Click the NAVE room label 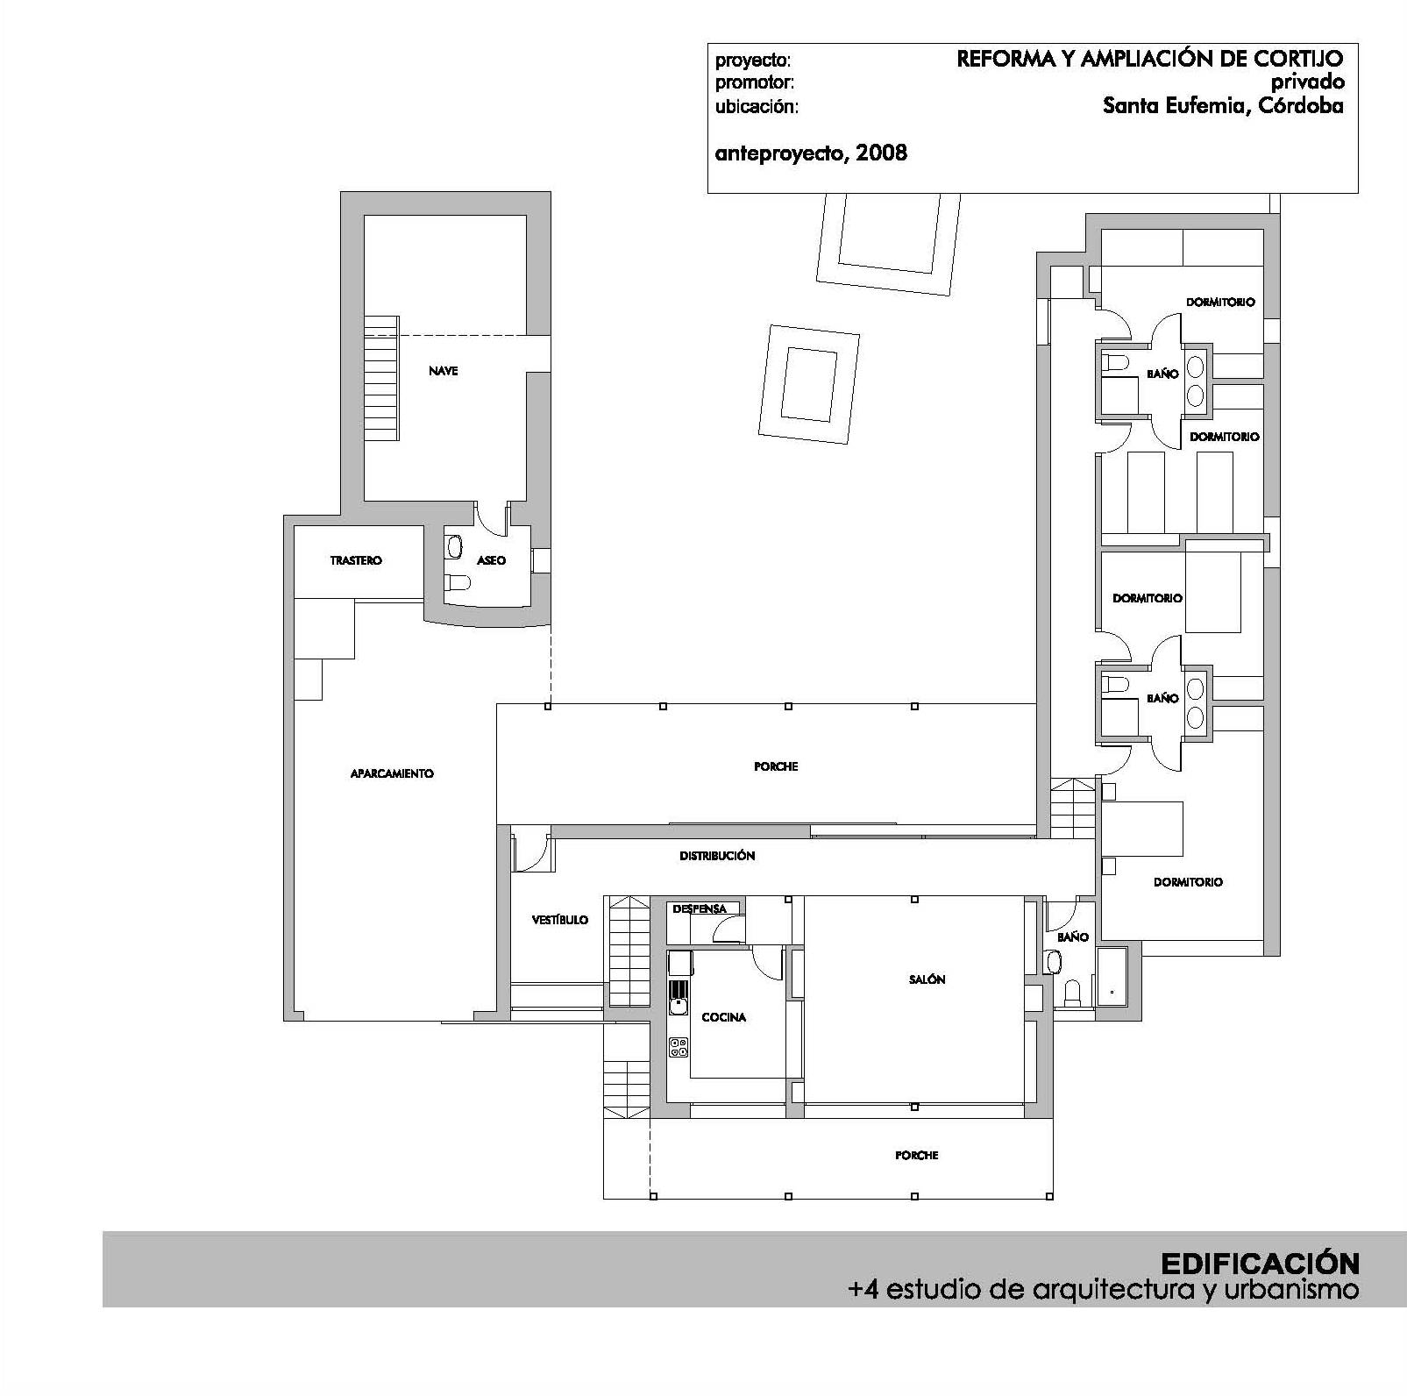click(443, 371)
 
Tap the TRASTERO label click(356, 560)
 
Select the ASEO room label click(491, 560)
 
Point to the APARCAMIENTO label click(392, 773)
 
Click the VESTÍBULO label click(560, 920)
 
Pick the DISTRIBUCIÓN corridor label click(717, 856)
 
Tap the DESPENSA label click(700, 909)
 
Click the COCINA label click(724, 1017)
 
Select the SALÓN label click(927, 979)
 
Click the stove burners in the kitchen click(679, 1047)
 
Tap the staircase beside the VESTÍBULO click(628, 952)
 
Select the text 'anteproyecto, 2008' click(811, 153)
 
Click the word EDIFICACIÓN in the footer click(1261, 1264)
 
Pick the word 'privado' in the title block click(1307, 82)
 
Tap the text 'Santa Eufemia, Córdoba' click(1223, 106)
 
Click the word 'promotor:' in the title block click(755, 84)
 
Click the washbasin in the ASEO click(454, 547)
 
